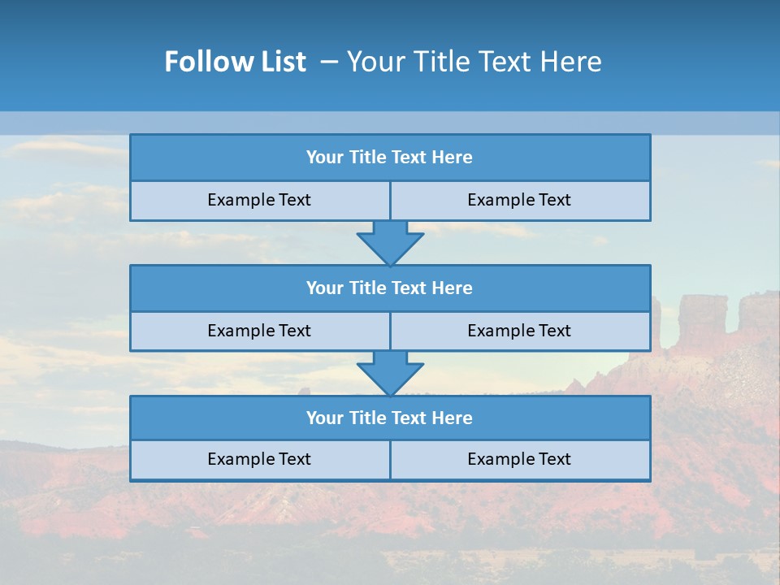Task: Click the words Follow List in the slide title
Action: pyautogui.click(x=235, y=62)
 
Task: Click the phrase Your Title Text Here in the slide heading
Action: pyautogui.click(x=474, y=62)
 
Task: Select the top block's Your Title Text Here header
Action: pyautogui.click(x=389, y=158)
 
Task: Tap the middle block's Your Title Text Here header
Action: pyautogui.click(x=389, y=288)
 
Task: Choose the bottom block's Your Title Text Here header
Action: pyautogui.click(x=389, y=418)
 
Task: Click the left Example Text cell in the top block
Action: pyautogui.click(x=259, y=200)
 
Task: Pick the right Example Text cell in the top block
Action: pyautogui.click(x=519, y=200)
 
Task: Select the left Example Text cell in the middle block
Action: pyautogui.click(x=259, y=331)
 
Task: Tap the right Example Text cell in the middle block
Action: pyautogui.click(x=519, y=331)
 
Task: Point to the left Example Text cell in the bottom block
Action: pyautogui.click(x=259, y=459)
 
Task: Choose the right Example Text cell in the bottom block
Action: pyautogui.click(x=519, y=459)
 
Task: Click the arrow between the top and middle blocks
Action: pyautogui.click(x=390, y=242)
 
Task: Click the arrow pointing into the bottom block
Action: pyautogui.click(x=390, y=373)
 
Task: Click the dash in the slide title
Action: pyautogui.click(x=329, y=62)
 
